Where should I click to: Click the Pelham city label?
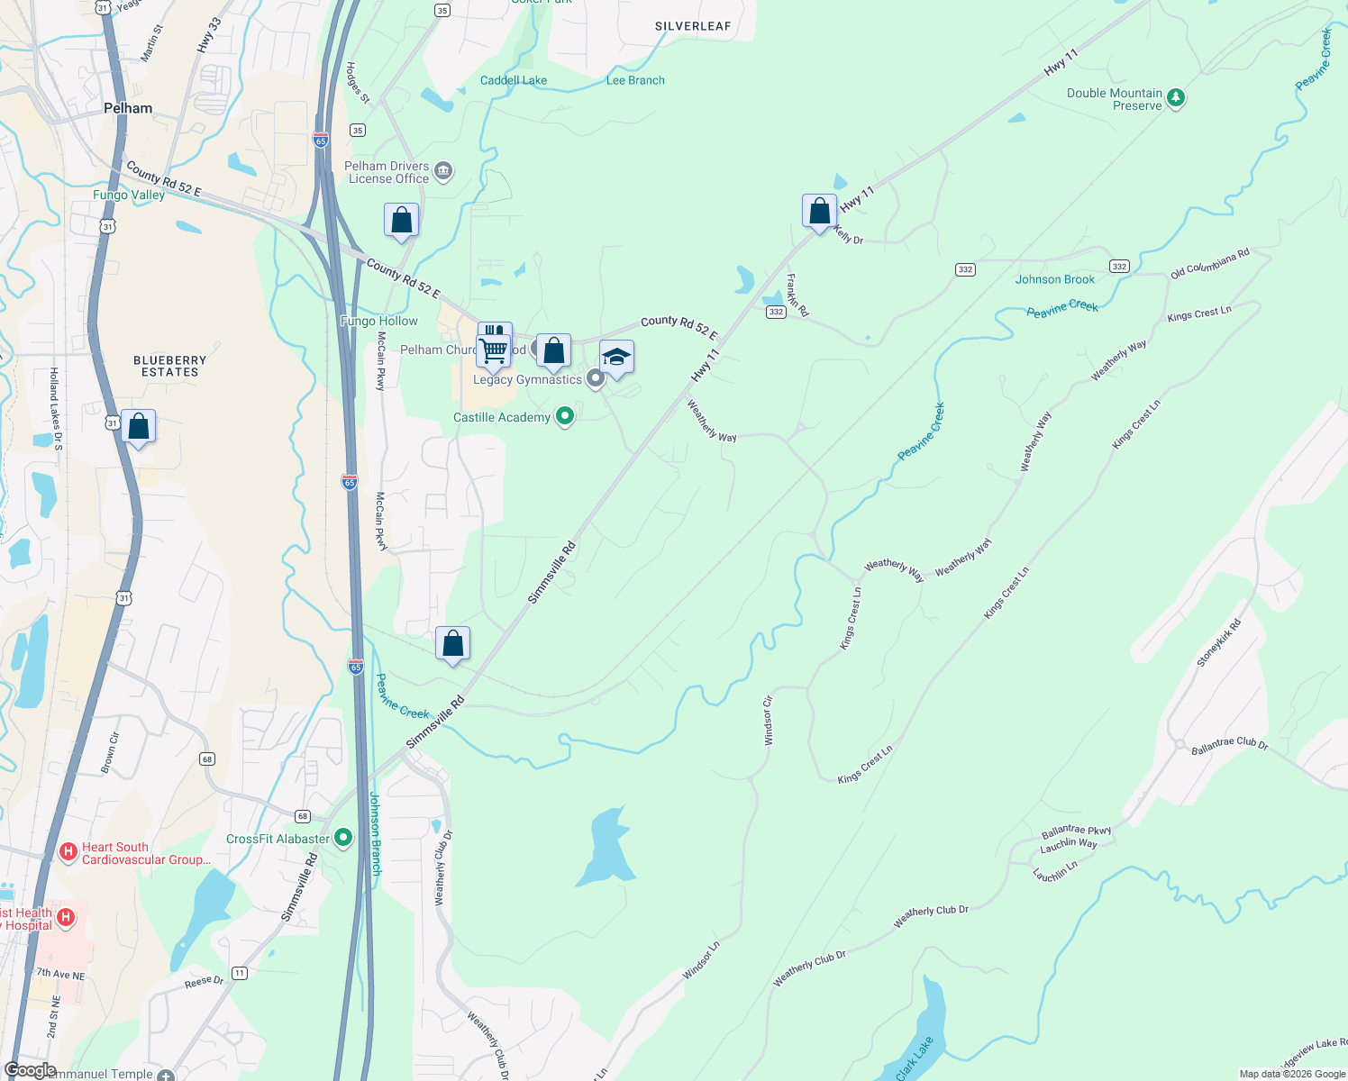point(128,108)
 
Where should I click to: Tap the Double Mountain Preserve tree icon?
point(1175,97)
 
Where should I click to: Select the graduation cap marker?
point(616,359)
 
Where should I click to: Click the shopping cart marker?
point(494,350)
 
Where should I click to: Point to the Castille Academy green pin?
point(565,416)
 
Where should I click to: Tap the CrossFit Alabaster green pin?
point(343,838)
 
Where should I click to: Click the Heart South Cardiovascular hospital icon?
point(68,851)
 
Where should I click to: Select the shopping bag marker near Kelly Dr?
point(819,213)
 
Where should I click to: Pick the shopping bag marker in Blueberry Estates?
point(139,428)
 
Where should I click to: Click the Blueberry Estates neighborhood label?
point(169,366)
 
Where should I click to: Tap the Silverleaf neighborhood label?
point(693,26)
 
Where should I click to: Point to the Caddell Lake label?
point(514,80)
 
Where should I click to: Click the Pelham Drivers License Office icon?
point(443,170)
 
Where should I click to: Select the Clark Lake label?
point(915,1058)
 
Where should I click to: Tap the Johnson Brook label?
point(1055,279)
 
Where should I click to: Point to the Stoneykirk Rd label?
point(1218,643)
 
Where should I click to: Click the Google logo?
point(30,1070)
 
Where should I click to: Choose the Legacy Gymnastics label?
point(527,379)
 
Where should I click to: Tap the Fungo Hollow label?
point(379,321)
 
